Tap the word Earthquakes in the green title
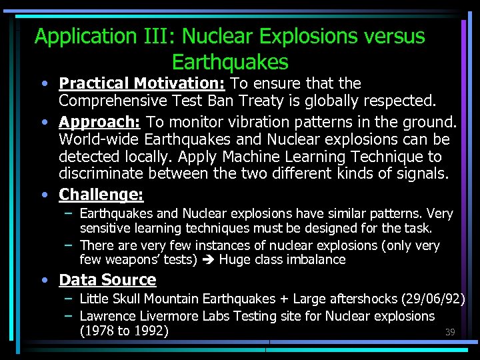[x=230, y=62]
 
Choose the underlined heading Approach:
[x=100, y=122]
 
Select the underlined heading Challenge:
[x=101, y=195]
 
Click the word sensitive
[x=107, y=229]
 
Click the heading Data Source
[x=107, y=280]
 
